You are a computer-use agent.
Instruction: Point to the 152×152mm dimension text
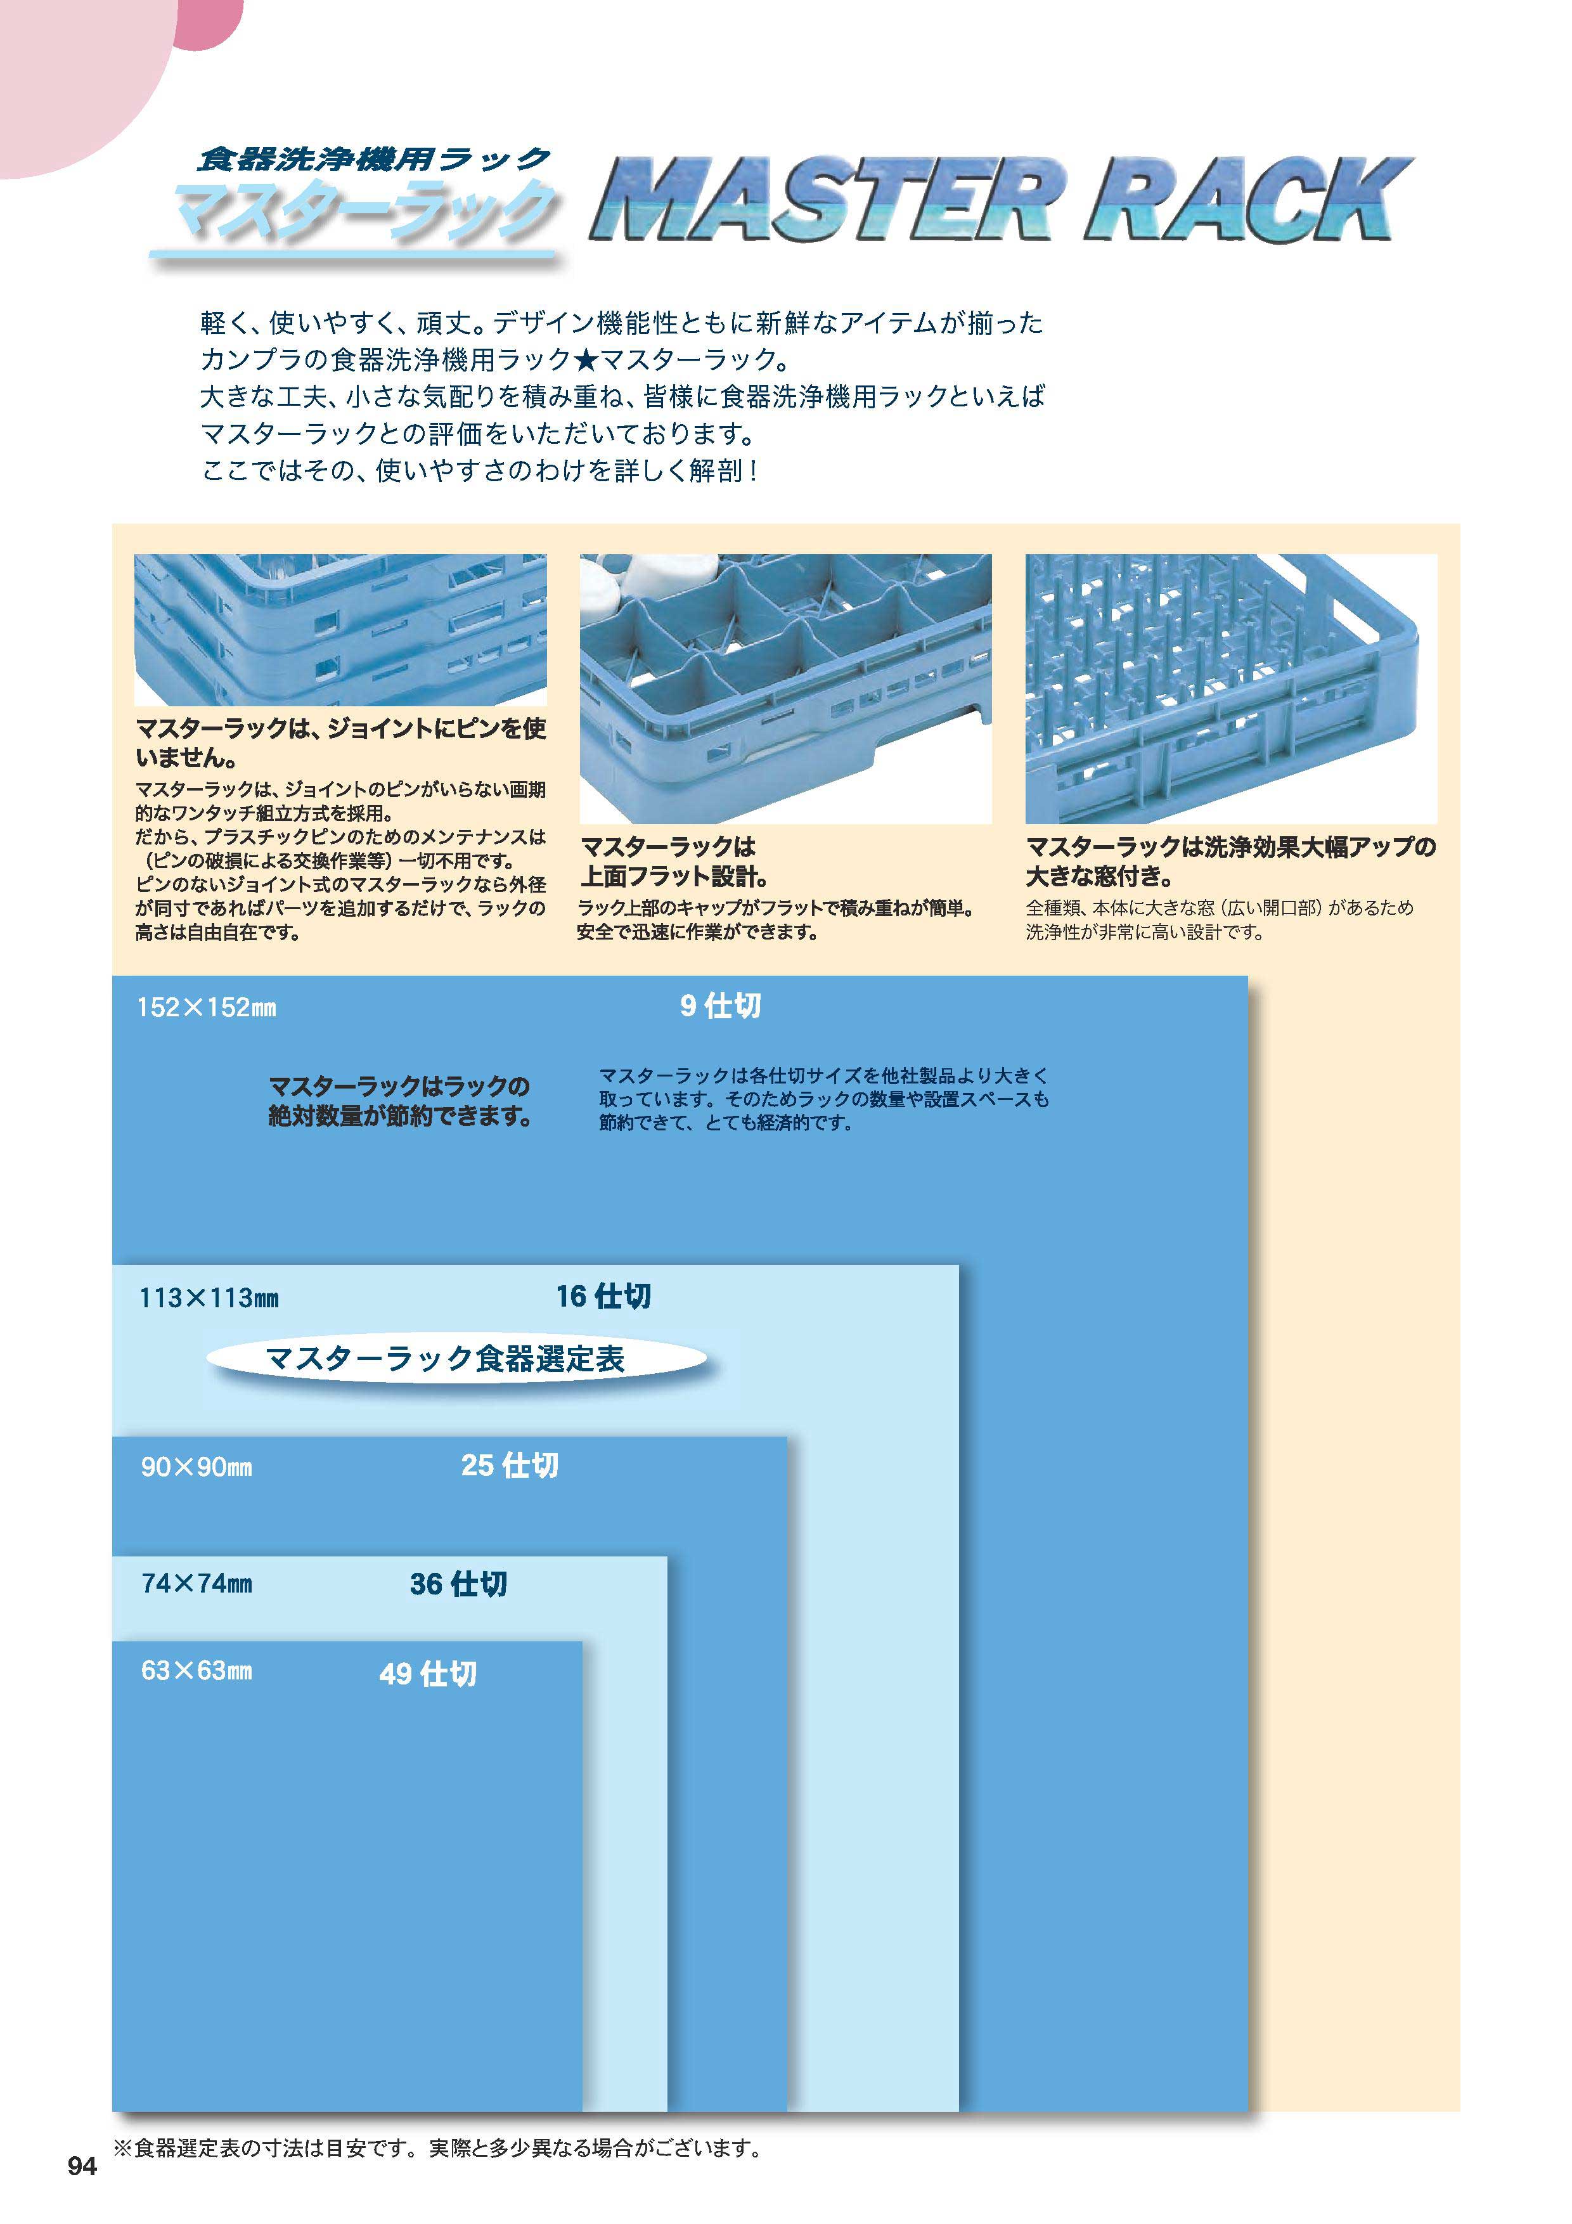(206, 1007)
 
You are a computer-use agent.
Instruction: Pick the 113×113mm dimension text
(209, 1298)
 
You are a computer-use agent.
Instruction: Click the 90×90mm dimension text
(196, 1466)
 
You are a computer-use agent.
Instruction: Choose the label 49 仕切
(427, 1673)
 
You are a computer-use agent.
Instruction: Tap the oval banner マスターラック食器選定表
(456, 1358)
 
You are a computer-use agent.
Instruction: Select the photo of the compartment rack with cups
(785, 689)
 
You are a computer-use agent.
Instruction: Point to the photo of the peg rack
(1231, 689)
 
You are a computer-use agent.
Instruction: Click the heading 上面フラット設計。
(675, 877)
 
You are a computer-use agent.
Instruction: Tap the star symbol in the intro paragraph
(586, 359)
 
